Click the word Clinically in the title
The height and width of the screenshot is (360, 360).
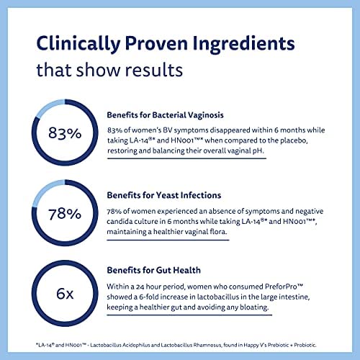(x=78, y=44)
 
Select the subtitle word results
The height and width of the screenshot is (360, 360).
(x=154, y=70)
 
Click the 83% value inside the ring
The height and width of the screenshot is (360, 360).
(x=65, y=133)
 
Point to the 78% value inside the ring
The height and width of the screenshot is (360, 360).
(x=65, y=214)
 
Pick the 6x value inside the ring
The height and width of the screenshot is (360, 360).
(x=65, y=294)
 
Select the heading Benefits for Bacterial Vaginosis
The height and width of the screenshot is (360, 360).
(x=165, y=115)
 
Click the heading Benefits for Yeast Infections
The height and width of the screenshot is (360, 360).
(x=164, y=195)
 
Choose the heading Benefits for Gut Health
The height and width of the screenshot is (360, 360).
(x=153, y=270)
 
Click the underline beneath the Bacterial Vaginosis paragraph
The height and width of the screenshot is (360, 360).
(x=186, y=158)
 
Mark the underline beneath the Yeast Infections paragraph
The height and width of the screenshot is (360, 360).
(x=168, y=240)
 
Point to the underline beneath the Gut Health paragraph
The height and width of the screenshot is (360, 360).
(x=189, y=315)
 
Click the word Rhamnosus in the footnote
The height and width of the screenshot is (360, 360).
(x=207, y=345)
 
